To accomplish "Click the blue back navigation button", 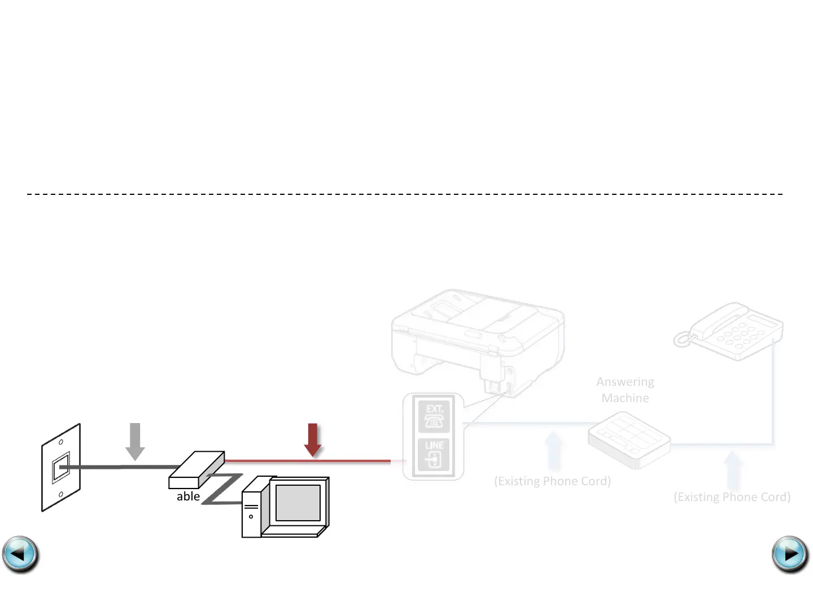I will tap(20, 554).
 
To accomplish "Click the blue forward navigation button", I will tap(790, 554).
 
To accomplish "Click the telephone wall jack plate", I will tap(61, 468).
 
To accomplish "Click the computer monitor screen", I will tap(298, 503).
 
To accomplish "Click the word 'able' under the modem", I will tap(188, 496).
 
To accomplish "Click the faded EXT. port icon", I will tap(434, 416).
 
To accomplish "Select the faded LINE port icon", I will tap(434, 455).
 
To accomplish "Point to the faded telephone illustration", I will tap(729, 332).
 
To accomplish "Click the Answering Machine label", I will tap(625, 390).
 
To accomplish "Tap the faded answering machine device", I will tap(628, 440).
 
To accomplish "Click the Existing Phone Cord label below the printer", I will tap(552, 481).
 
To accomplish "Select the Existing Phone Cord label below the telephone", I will tap(732, 497).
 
